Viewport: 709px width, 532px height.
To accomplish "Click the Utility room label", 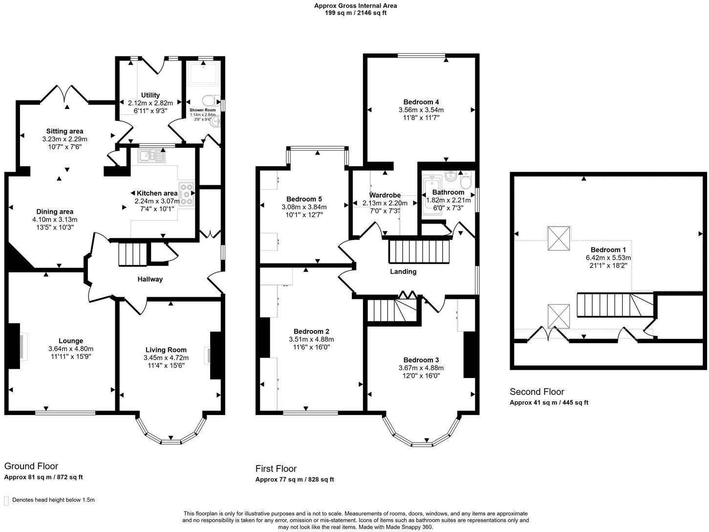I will coord(150,95).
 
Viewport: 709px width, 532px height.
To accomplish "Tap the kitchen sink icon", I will coord(152,156).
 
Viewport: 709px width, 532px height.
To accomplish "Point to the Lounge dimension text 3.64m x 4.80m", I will coord(71,349).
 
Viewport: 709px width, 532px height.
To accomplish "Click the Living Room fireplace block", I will coord(215,355).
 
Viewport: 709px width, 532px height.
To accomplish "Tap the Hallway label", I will coord(150,279).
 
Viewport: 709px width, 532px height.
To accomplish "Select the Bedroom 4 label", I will coord(421,102).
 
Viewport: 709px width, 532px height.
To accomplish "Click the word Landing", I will coord(403,271).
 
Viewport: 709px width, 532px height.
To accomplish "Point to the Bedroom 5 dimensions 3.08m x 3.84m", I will coord(304,207).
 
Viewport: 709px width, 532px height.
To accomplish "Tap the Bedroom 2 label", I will coord(311,331).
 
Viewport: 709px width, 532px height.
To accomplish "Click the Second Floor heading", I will coord(537,392).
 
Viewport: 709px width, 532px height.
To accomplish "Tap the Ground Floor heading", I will coord(31,466).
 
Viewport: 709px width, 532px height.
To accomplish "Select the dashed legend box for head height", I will coord(6,500).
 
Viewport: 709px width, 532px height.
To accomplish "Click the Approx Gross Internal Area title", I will coord(355,6).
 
